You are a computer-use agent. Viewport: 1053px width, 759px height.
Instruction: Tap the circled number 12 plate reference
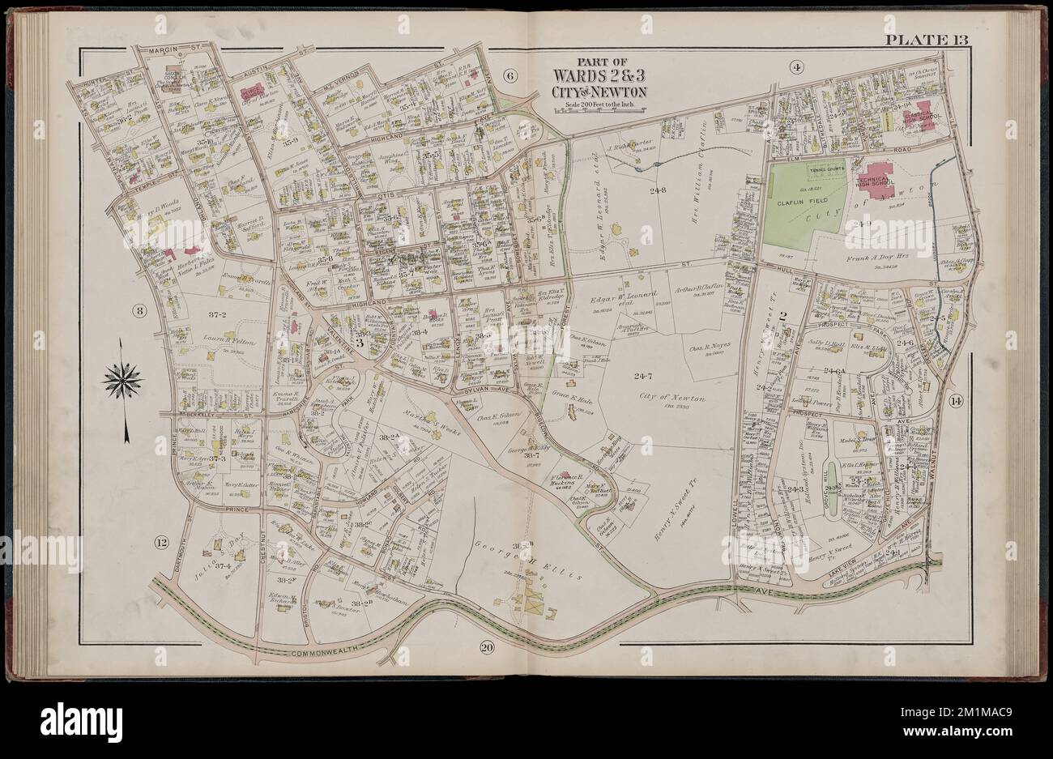162,541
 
